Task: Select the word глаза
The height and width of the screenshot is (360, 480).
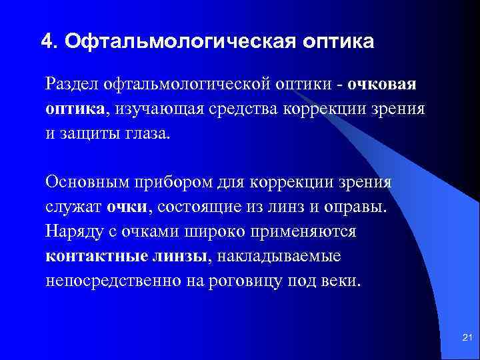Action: (147, 131)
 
